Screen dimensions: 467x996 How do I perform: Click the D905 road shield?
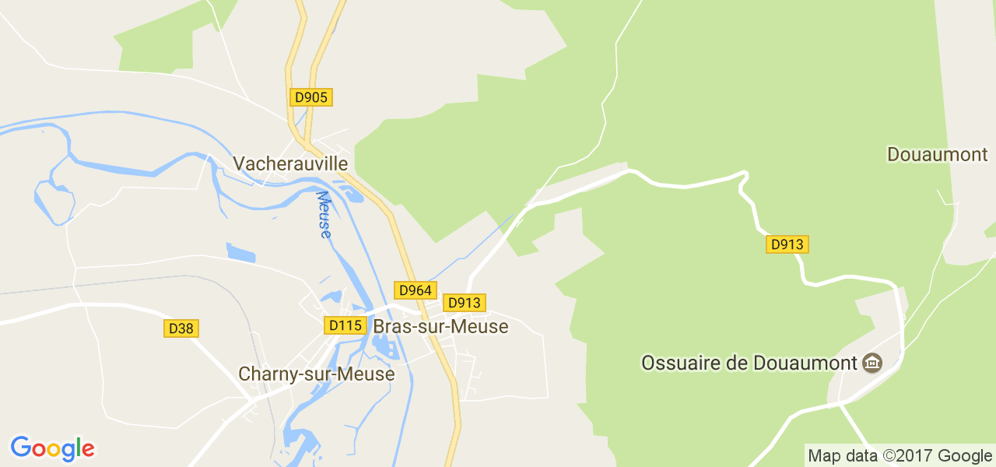(x=311, y=97)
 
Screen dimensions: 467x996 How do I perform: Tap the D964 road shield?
(x=415, y=290)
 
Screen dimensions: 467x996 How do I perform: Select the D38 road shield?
(x=181, y=328)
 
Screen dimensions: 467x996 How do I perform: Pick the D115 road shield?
(x=345, y=325)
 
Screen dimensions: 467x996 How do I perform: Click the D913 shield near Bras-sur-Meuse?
(x=465, y=303)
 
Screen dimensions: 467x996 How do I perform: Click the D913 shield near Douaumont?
(x=787, y=244)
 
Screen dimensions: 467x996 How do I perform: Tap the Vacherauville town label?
(x=290, y=163)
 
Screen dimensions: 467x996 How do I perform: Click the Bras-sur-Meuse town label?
(x=440, y=327)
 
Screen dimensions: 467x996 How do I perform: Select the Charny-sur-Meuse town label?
(x=316, y=374)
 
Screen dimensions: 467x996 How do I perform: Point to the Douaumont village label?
(x=937, y=154)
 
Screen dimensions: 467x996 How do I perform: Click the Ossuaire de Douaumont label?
(x=749, y=363)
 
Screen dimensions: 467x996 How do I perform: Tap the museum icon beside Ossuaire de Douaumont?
(x=872, y=363)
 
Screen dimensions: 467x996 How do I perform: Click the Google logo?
(x=52, y=448)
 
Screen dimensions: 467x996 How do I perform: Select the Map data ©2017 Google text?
(x=900, y=455)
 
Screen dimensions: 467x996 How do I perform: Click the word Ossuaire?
(x=675, y=363)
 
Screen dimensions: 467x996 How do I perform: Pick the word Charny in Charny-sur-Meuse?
(x=263, y=374)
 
